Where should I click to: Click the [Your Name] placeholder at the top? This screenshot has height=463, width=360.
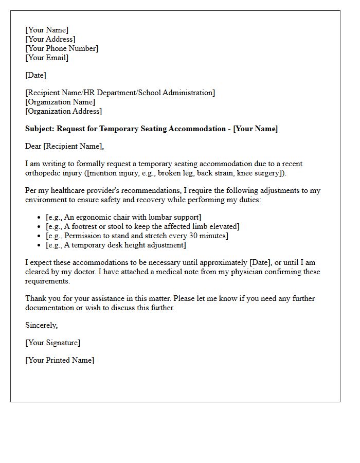pyautogui.click(x=47, y=30)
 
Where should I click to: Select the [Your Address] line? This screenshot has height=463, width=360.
pyautogui.click(x=50, y=39)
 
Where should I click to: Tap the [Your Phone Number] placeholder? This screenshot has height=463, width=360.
pyautogui.click(x=62, y=48)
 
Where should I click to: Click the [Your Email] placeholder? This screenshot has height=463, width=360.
pyautogui.click(x=47, y=58)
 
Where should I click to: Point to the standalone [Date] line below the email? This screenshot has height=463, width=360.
pyautogui.click(x=35, y=75)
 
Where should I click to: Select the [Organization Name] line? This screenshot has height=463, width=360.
pyautogui.click(x=60, y=102)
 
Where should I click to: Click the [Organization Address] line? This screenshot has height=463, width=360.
pyautogui.click(x=64, y=111)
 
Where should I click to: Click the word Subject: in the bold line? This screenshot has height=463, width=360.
pyautogui.click(x=40, y=129)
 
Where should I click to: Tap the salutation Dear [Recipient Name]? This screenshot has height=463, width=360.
pyautogui.click(x=64, y=146)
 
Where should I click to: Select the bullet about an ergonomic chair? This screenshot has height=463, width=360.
pyautogui.click(x=123, y=217)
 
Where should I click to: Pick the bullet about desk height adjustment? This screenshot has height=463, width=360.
pyautogui.click(x=116, y=245)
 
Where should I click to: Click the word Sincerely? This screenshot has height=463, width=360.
pyautogui.click(x=41, y=325)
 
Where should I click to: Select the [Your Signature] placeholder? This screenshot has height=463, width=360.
pyautogui.click(x=53, y=343)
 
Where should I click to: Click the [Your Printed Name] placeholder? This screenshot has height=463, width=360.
pyautogui.click(x=60, y=360)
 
